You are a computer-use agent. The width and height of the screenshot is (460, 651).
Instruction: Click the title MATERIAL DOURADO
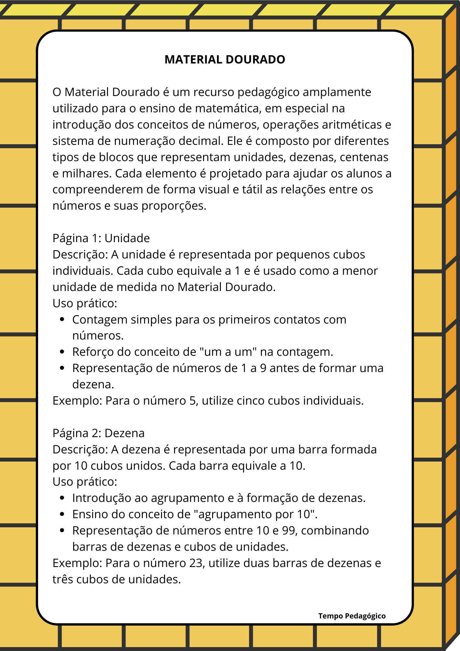[225, 60]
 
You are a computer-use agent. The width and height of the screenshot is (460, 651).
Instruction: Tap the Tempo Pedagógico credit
[352, 616]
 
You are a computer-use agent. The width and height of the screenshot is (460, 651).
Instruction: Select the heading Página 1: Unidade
[101, 238]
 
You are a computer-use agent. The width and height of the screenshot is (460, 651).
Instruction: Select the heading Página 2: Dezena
[99, 433]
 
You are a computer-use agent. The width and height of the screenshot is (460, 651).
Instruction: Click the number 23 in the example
[196, 563]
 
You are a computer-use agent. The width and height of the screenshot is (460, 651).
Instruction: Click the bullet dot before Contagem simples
[62, 320]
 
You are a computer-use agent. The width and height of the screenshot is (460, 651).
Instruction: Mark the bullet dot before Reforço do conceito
[62, 352]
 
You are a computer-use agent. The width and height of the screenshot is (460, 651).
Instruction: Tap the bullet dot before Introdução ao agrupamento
[62, 498]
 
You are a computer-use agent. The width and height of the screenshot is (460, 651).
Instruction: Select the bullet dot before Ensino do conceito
[62, 514]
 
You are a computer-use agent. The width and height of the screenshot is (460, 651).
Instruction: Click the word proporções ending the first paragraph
[174, 206]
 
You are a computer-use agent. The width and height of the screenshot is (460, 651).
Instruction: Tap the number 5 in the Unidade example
[192, 401]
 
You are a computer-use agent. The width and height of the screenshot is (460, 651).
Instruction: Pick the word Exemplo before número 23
[77, 563]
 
